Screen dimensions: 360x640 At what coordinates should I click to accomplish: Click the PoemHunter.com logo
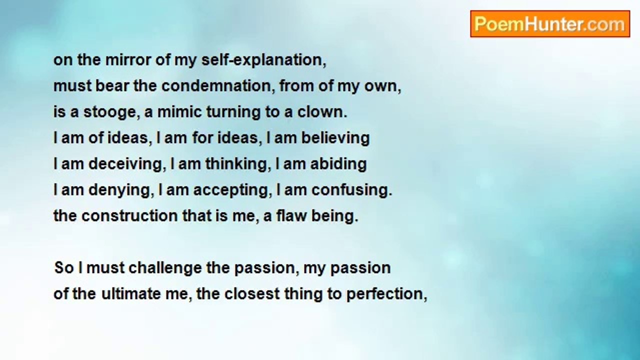click(549, 24)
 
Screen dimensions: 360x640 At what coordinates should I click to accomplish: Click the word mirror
click(124, 60)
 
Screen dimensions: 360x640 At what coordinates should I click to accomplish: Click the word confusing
click(351, 190)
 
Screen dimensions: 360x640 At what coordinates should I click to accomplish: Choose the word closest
click(252, 294)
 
